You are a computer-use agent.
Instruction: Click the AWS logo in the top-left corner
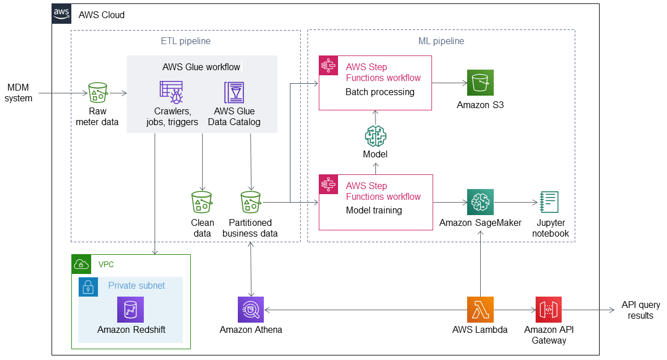[62, 14]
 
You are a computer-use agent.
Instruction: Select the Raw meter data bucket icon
[98, 92]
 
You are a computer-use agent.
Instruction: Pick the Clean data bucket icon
[202, 202]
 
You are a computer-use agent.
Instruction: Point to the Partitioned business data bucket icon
[251, 202]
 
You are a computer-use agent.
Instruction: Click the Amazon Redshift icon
[131, 310]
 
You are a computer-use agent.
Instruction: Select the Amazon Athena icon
[251, 310]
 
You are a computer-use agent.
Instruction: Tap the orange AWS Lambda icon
[480, 310]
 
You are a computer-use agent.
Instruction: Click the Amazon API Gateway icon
[548, 310]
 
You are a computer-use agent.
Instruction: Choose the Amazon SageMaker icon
[480, 202]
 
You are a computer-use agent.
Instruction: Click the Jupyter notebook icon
[549, 202]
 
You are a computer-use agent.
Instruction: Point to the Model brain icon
[375, 136]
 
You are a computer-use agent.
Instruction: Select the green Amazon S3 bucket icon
[480, 83]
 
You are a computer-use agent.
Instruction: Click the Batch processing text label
[379, 92]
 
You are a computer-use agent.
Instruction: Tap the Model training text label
[374, 211]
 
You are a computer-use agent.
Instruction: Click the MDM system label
[19, 93]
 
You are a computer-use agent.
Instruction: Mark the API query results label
[640, 310]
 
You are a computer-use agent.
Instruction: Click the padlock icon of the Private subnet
[88, 287]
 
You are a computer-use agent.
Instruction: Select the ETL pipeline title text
[186, 41]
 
